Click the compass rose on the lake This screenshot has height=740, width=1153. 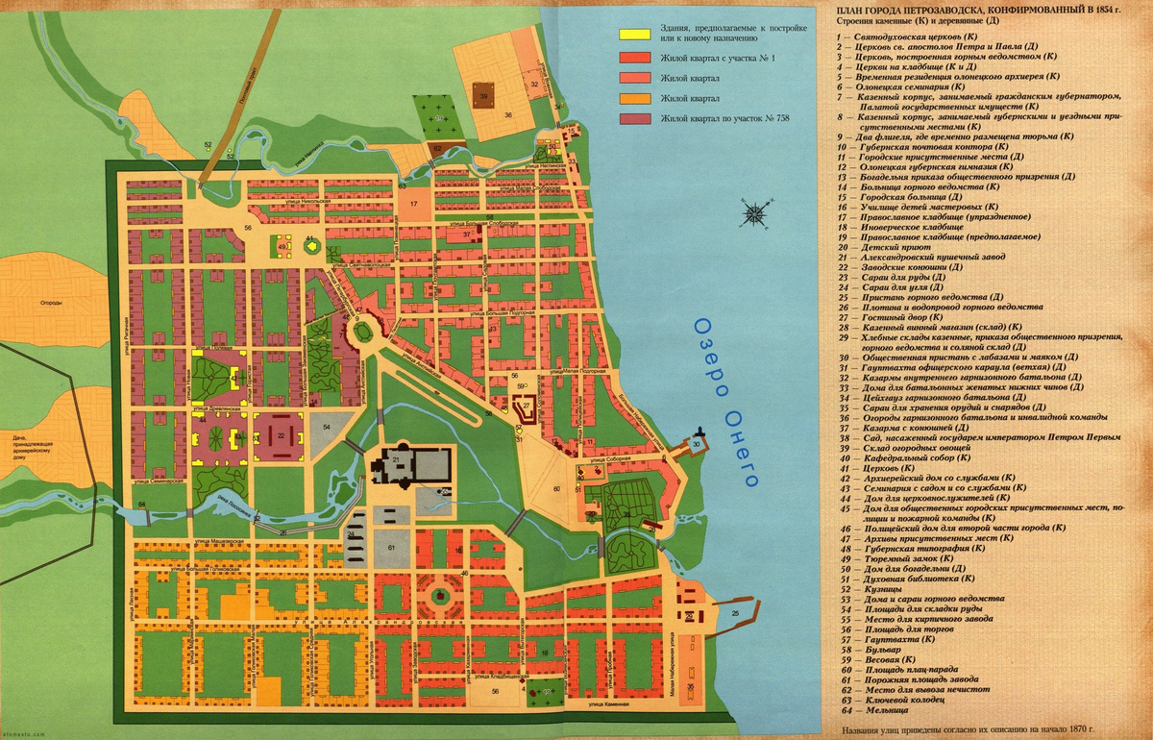click(755, 211)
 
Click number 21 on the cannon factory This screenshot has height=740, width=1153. click(395, 461)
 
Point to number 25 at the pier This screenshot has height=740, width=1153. click(735, 613)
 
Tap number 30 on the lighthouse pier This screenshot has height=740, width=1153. click(696, 444)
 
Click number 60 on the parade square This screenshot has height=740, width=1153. click(555, 489)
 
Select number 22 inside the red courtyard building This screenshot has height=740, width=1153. click(281, 435)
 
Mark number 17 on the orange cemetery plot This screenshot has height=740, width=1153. click(413, 205)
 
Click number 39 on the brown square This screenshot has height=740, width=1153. click(484, 96)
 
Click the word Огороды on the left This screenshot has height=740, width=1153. click(51, 303)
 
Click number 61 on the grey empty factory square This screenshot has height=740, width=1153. click(391, 547)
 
